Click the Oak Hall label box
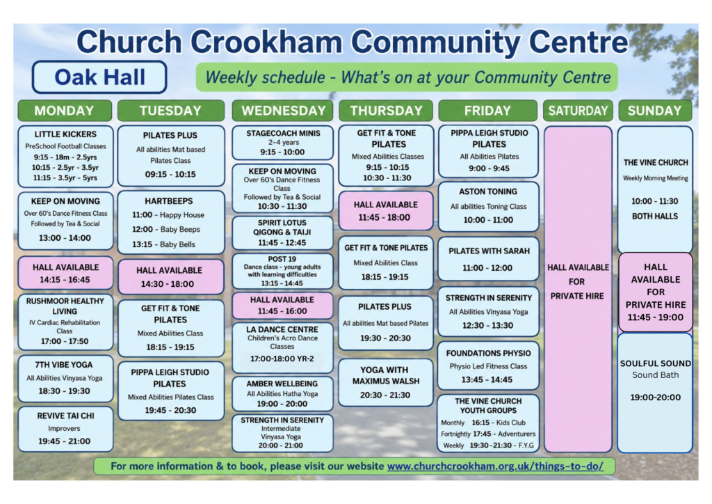99,77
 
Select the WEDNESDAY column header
282,111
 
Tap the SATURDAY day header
578,111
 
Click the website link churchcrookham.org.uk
495,466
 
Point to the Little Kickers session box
65,157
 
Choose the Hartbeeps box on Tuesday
171,222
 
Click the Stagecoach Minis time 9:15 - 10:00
282,152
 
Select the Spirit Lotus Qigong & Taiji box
282,233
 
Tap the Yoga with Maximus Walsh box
385,382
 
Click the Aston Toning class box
488,206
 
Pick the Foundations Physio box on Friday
488,366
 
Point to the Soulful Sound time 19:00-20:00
655,397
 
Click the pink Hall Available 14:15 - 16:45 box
65,273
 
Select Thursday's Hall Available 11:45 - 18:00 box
385,211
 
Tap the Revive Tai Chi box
65,429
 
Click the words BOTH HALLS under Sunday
655,216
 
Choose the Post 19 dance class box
282,271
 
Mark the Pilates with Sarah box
488,258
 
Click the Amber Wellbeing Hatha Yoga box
282,393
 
